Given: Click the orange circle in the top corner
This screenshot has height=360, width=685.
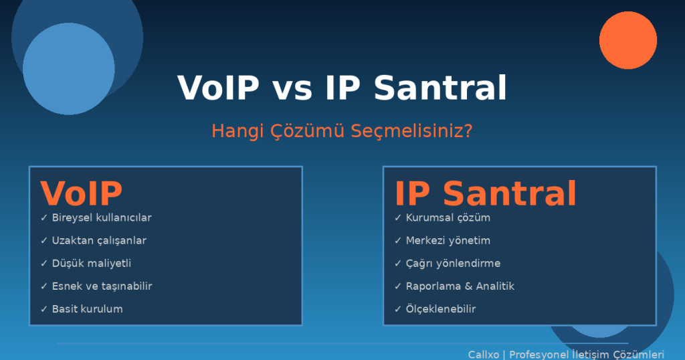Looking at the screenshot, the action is pos(627,40).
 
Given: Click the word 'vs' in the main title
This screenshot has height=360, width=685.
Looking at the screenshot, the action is pos(292,89).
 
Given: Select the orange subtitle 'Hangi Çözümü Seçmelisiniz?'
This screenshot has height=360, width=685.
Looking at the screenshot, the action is pos(342,131).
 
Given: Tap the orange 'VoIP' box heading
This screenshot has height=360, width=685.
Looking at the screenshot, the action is pos(81,193).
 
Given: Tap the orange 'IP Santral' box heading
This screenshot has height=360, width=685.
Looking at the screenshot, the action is pos(486,193).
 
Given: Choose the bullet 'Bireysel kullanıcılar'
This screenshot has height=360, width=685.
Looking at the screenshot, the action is pos(102,217).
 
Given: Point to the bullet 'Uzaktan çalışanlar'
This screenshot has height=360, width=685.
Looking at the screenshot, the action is pos(99,241).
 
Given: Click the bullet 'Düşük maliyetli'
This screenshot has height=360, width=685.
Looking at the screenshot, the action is pos(91,264).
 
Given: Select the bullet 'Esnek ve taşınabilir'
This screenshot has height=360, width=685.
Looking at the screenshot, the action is pos(102,286).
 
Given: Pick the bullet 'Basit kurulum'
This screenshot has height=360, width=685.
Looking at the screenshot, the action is pos(87,309).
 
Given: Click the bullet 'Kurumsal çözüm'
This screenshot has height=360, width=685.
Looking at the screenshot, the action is pos(448,217).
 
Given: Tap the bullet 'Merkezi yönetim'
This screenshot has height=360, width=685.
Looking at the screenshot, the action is pos(448,241).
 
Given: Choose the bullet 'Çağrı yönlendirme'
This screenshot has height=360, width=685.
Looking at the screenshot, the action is pos(453,264).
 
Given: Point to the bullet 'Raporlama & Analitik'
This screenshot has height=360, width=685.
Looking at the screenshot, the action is pos(460,286).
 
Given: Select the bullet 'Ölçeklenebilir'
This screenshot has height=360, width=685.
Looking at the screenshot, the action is pos(441,308).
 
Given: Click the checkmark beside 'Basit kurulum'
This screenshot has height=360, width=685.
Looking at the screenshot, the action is pos(43,309).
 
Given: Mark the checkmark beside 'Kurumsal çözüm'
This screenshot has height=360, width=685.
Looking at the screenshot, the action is pos(397,217).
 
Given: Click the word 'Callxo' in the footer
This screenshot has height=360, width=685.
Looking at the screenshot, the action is pos(484,355).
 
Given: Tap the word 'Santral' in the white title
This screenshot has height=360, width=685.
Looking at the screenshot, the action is pos(440,88).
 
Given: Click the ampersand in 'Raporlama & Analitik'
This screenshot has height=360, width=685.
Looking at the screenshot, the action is pos(468,286).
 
